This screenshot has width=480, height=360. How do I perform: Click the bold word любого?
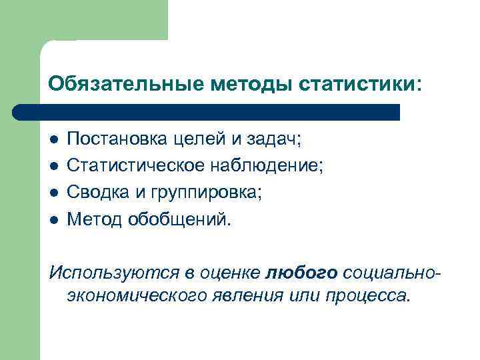pos(303,272)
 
